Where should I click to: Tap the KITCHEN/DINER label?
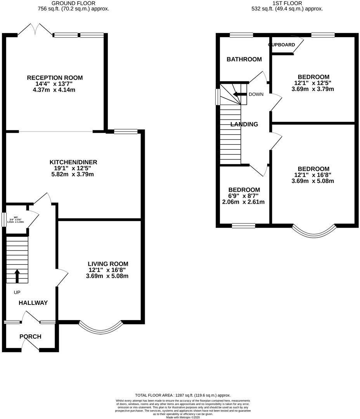pos(73,162)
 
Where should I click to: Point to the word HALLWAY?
pos(33,303)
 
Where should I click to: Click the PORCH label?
pos(30,336)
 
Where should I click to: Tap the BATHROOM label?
pos(244,59)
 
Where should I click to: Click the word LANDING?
pos(244,125)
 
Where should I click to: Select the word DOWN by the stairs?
pos(256,94)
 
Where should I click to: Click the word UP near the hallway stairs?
pos(17,292)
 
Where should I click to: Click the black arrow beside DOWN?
pos(240,94)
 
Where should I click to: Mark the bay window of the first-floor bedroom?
pos(313,232)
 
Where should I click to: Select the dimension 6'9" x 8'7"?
pos(244,196)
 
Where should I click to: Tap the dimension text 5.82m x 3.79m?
pos(73,174)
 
